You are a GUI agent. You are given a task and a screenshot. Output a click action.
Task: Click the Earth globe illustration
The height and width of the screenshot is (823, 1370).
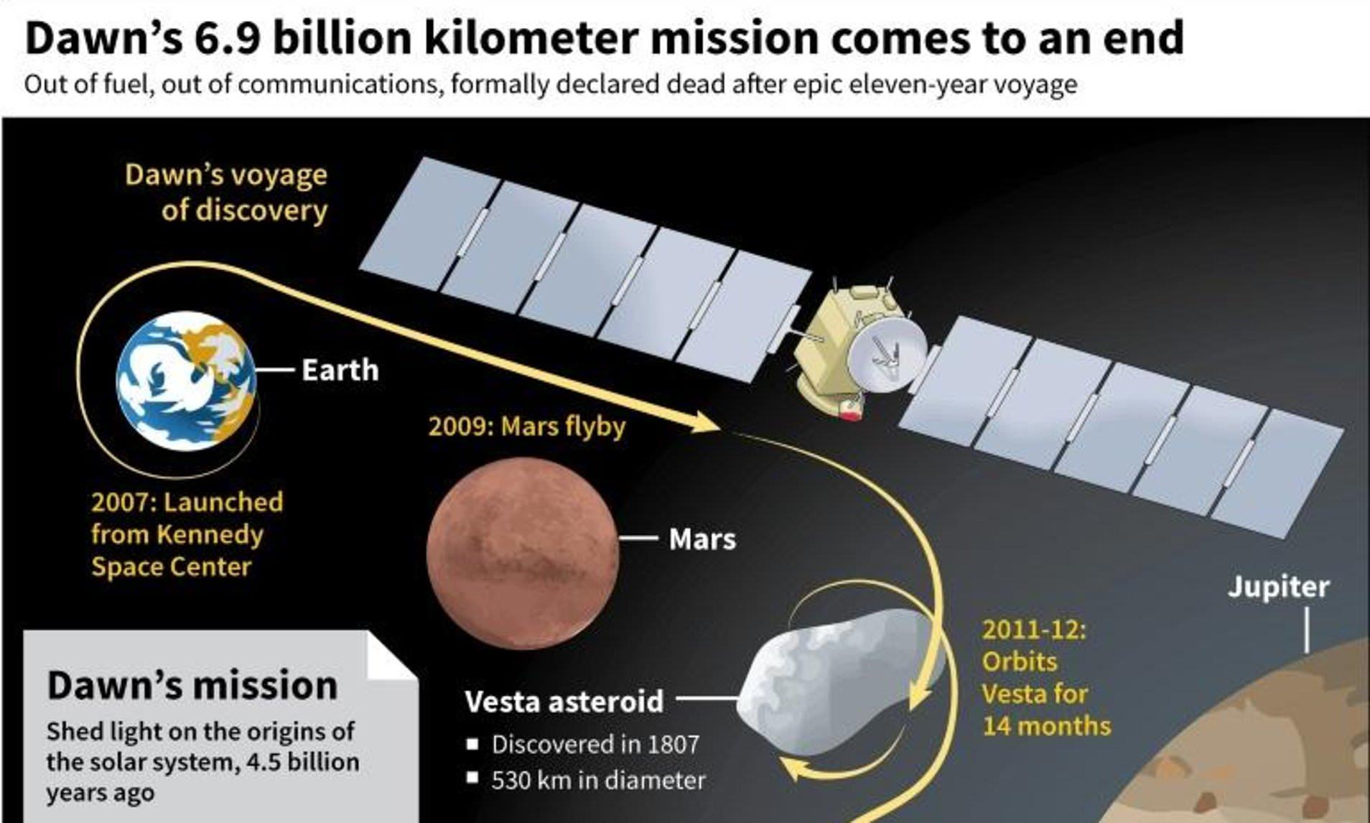[186, 381]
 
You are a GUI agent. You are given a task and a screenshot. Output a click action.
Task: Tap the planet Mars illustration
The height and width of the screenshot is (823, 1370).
[523, 553]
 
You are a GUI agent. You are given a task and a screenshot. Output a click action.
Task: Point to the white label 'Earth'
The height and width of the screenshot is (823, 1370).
[340, 370]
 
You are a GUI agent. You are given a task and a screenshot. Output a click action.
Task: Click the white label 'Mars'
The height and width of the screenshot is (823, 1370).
[702, 539]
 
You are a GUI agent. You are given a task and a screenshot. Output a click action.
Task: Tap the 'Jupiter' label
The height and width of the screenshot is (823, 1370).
[1279, 587]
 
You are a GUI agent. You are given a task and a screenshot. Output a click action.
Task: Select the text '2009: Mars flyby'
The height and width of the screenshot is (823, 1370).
[527, 426]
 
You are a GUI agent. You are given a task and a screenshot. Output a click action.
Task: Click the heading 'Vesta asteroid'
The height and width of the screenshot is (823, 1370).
[564, 701]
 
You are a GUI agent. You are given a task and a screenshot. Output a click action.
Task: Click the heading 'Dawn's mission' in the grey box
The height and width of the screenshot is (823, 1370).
[192, 685]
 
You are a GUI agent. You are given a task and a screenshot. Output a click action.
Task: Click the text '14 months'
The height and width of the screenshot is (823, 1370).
[1046, 726]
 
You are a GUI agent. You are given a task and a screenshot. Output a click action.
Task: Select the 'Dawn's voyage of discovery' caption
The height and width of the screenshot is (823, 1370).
[226, 192]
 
